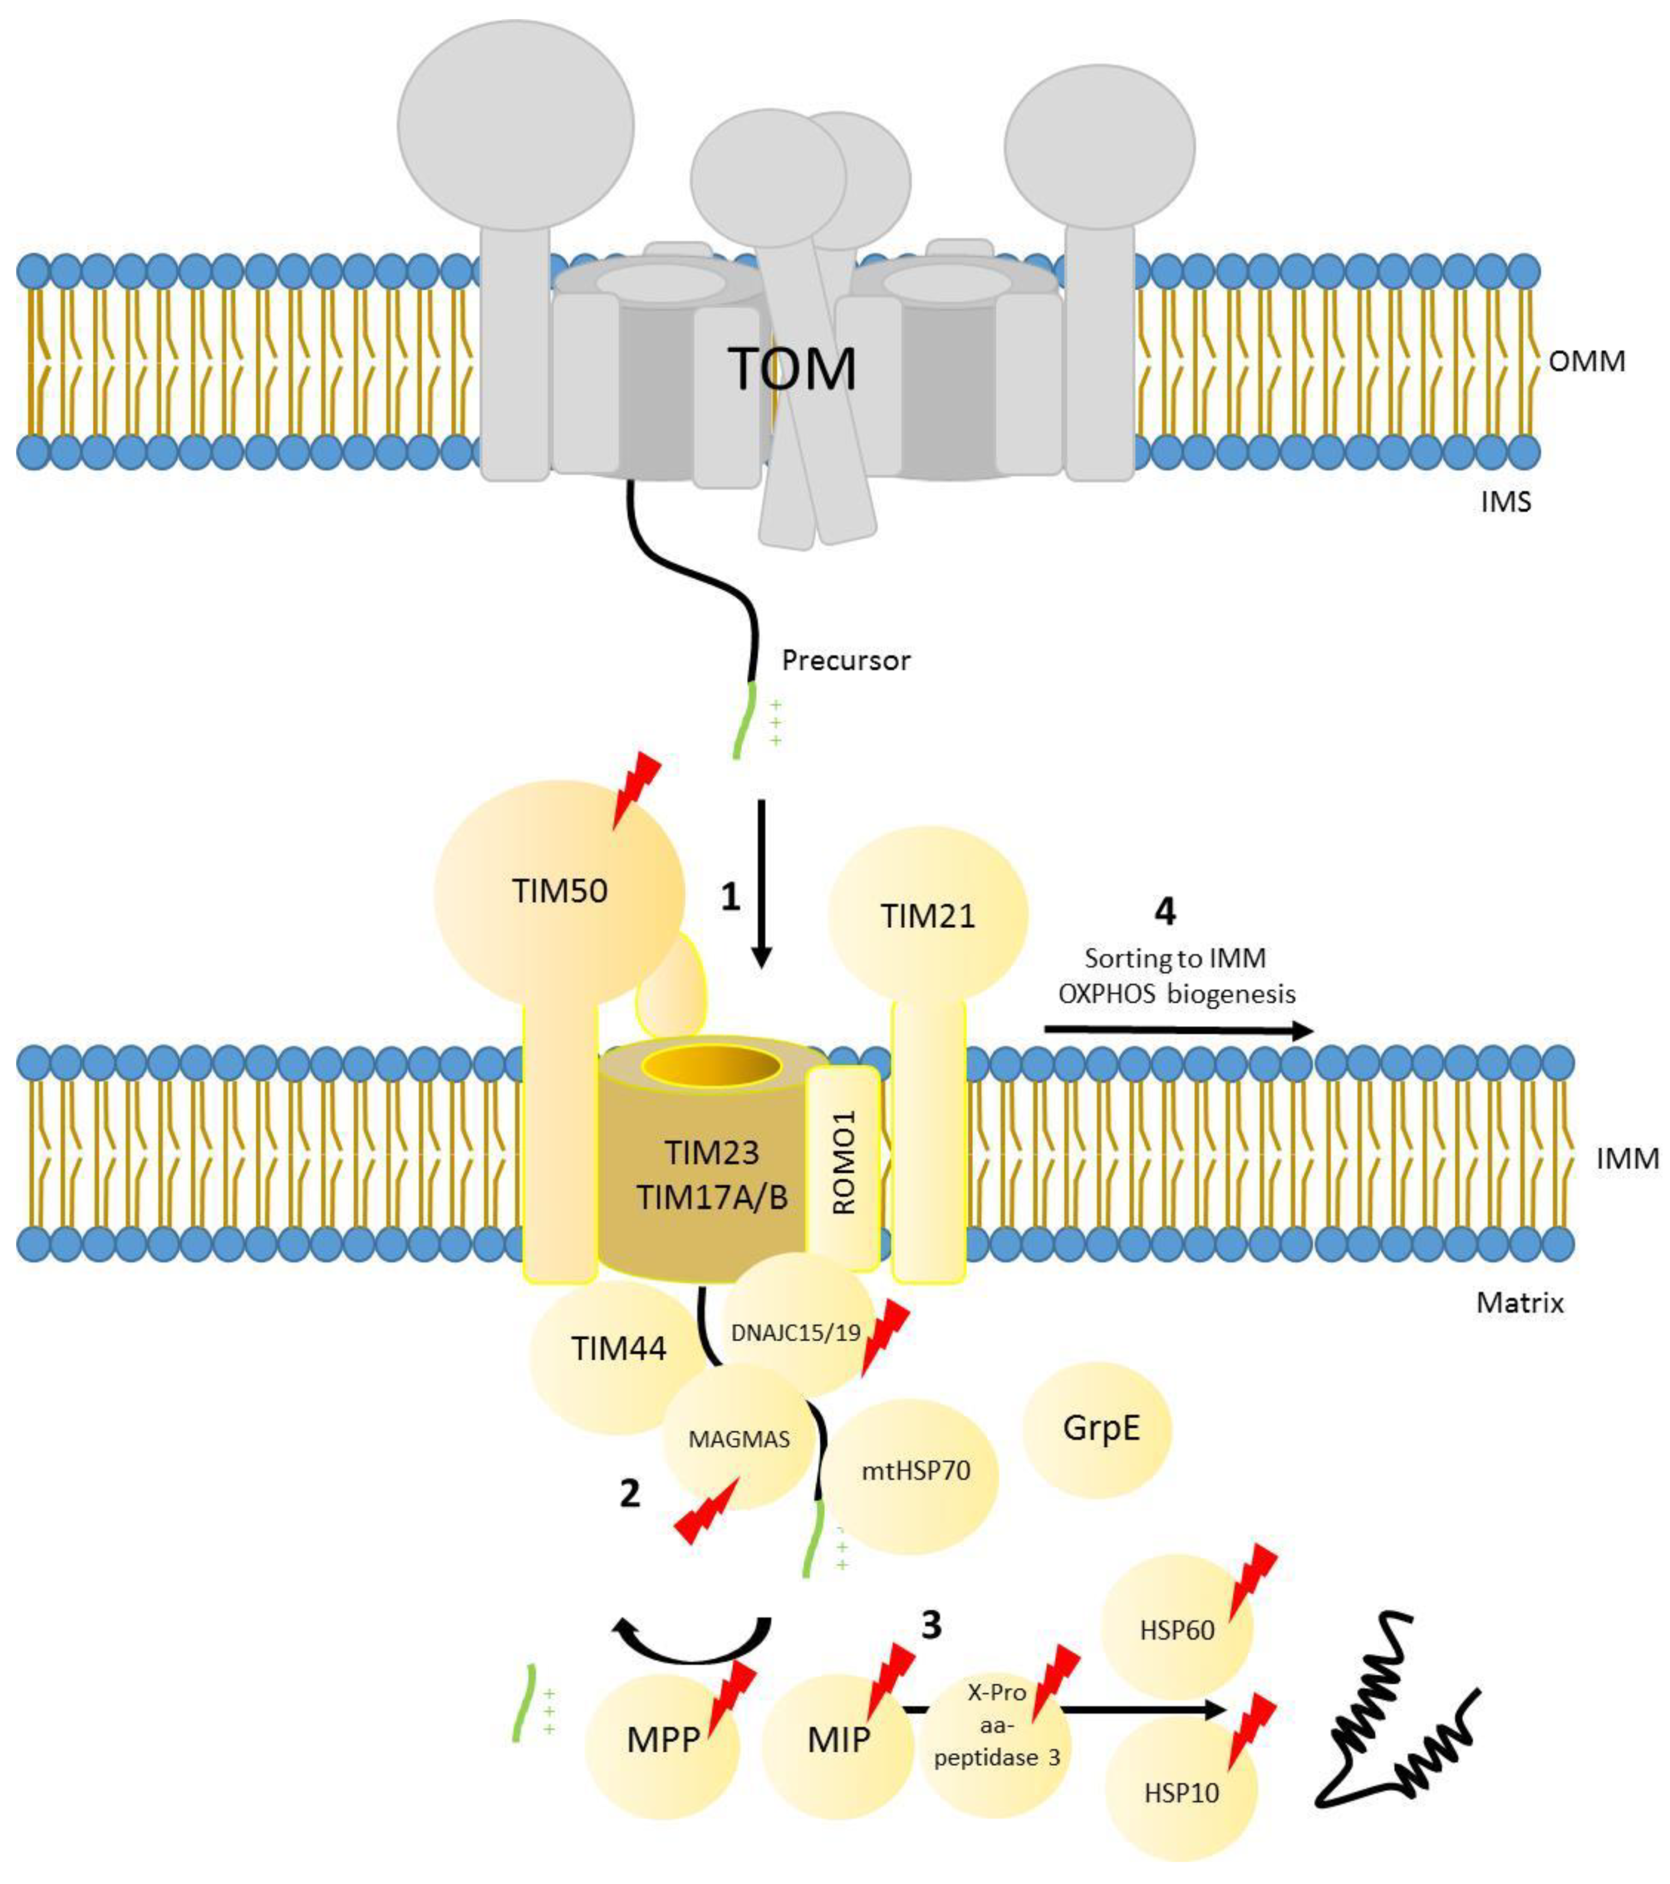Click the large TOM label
point(791,368)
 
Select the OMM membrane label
point(1586,361)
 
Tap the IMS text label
point(1505,502)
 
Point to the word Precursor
point(846,660)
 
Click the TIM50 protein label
point(560,891)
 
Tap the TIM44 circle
point(619,1349)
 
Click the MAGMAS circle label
point(739,1439)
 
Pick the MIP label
point(838,1739)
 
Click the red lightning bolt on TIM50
point(636,788)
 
